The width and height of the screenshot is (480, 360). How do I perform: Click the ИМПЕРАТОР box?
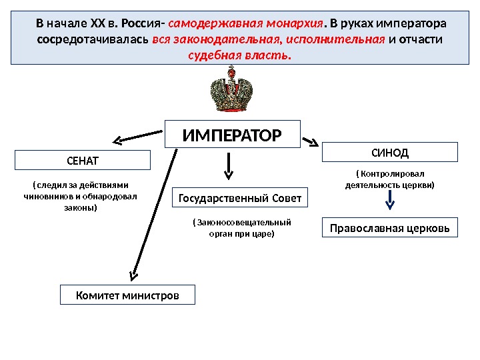click(233, 135)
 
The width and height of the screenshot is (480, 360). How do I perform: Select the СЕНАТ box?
click(83, 161)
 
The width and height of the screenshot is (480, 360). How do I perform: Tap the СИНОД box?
click(390, 152)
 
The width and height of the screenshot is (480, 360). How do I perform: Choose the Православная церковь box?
click(390, 228)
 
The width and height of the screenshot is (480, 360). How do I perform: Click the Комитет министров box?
click(127, 295)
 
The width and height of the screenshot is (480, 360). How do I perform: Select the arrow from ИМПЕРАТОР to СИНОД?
click(310, 141)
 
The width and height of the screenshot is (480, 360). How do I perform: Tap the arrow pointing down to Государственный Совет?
click(229, 165)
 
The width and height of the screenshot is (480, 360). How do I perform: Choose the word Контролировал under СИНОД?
click(393, 173)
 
